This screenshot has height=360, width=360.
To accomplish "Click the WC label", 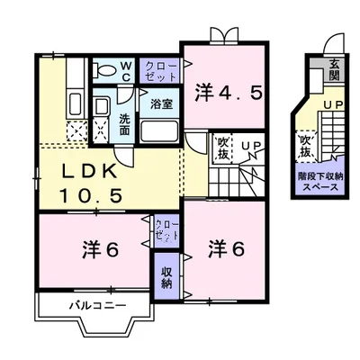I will (x=126, y=70).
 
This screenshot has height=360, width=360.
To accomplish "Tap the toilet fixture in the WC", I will (x=104, y=70).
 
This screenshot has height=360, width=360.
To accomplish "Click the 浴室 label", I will (x=161, y=103).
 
